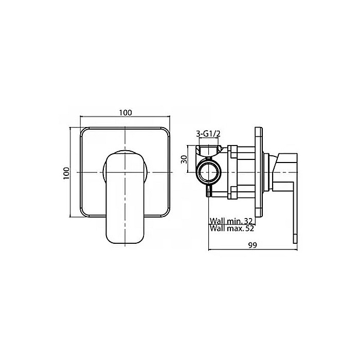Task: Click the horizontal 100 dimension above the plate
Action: click(x=125, y=113)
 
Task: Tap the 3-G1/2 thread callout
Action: click(x=208, y=134)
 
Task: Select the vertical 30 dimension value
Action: click(x=184, y=159)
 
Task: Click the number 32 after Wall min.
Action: click(x=248, y=221)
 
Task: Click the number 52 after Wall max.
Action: click(x=249, y=228)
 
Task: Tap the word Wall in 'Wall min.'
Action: click(x=216, y=221)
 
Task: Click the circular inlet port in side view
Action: click(x=209, y=172)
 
